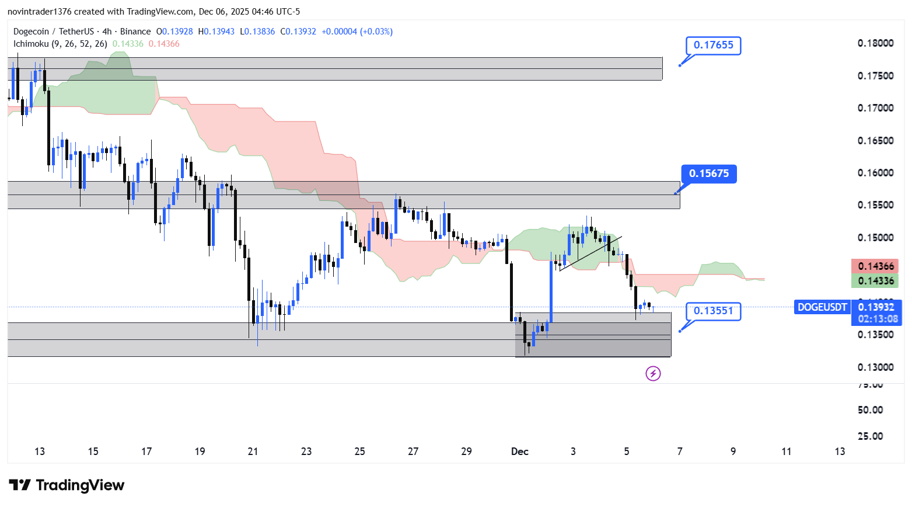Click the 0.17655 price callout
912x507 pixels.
tap(713, 46)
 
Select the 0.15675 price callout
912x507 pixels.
tap(708, 173)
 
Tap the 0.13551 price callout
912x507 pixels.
tap(713, 311)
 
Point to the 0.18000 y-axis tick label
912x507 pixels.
tap(875, 43)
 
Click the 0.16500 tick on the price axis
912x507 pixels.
tap(875, 141)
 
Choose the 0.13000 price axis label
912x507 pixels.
tap(875, 367)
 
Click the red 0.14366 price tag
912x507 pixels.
tap(875, 266)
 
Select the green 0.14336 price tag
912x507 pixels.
tap(875, 281)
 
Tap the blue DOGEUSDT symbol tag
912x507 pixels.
tap(822, 307)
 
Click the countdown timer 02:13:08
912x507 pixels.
tap(877, 319)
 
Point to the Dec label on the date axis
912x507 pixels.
tap(519, 452)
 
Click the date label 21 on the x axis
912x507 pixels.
tap(253, 452)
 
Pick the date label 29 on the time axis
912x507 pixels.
tap(466, 452)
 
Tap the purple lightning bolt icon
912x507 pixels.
tap(653, 373)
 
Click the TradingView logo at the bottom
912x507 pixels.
tap(67, 485)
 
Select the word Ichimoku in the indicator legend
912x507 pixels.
tap(31, 44)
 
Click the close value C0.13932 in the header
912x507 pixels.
tap(298, 32)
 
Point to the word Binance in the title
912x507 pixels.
tap(135, 32)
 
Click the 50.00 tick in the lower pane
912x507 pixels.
tap(870, 410)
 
